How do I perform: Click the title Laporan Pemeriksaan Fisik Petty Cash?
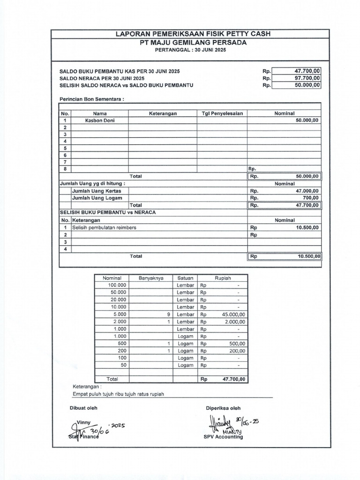[x=186, y=34]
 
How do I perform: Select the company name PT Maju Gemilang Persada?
[x=186, y=43]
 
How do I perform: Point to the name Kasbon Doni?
[x=100, y=120]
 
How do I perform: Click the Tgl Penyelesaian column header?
[x=222, y=113]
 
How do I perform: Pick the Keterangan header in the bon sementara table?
[x=163, y=113]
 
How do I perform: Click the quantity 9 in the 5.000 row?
[x=167, y=314]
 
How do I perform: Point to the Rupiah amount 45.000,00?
[x=234, y=314]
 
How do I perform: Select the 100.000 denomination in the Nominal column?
[x=117, y=285]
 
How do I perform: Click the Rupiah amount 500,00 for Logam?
[x=237, y=343]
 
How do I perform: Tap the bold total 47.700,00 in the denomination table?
[x=233, y=379]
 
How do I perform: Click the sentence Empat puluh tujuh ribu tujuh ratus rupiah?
[x=119, y=394]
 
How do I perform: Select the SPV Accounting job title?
[x=223, y=437]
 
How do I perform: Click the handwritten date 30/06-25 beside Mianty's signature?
[x=248, y=421]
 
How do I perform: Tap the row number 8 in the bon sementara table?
[x=65, y=169]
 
